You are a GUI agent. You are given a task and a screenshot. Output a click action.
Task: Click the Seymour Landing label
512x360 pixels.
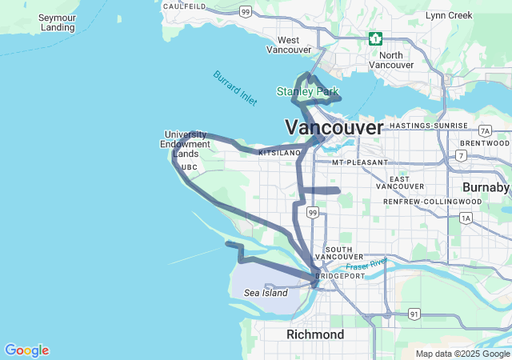(x=57, y=22)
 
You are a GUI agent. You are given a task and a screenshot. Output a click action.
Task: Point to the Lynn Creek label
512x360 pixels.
(x=449, y=15)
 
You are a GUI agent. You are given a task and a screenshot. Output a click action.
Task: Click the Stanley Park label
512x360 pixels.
(x=308, y=92)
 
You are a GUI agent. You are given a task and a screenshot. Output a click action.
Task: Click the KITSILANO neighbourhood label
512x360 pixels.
(x=279, y=152)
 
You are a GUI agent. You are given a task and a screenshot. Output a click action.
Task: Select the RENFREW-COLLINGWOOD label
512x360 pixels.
(x=433, y=201)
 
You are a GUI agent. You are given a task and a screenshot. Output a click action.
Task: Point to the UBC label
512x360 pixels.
(x=189, y=167)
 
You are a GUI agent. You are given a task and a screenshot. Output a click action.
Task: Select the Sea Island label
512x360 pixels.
(x=266, y=294)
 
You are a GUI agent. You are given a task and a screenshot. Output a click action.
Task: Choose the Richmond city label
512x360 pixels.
(x=315, y=334)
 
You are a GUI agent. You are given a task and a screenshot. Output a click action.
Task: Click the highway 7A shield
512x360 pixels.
(x=485, y=130)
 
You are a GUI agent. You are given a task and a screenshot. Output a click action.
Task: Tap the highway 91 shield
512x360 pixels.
(x=414, y=314)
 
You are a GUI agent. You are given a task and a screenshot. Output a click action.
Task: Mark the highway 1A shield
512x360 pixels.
(x=466, y=218)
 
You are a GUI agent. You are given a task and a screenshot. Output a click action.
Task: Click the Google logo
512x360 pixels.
(x=26, y=350)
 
